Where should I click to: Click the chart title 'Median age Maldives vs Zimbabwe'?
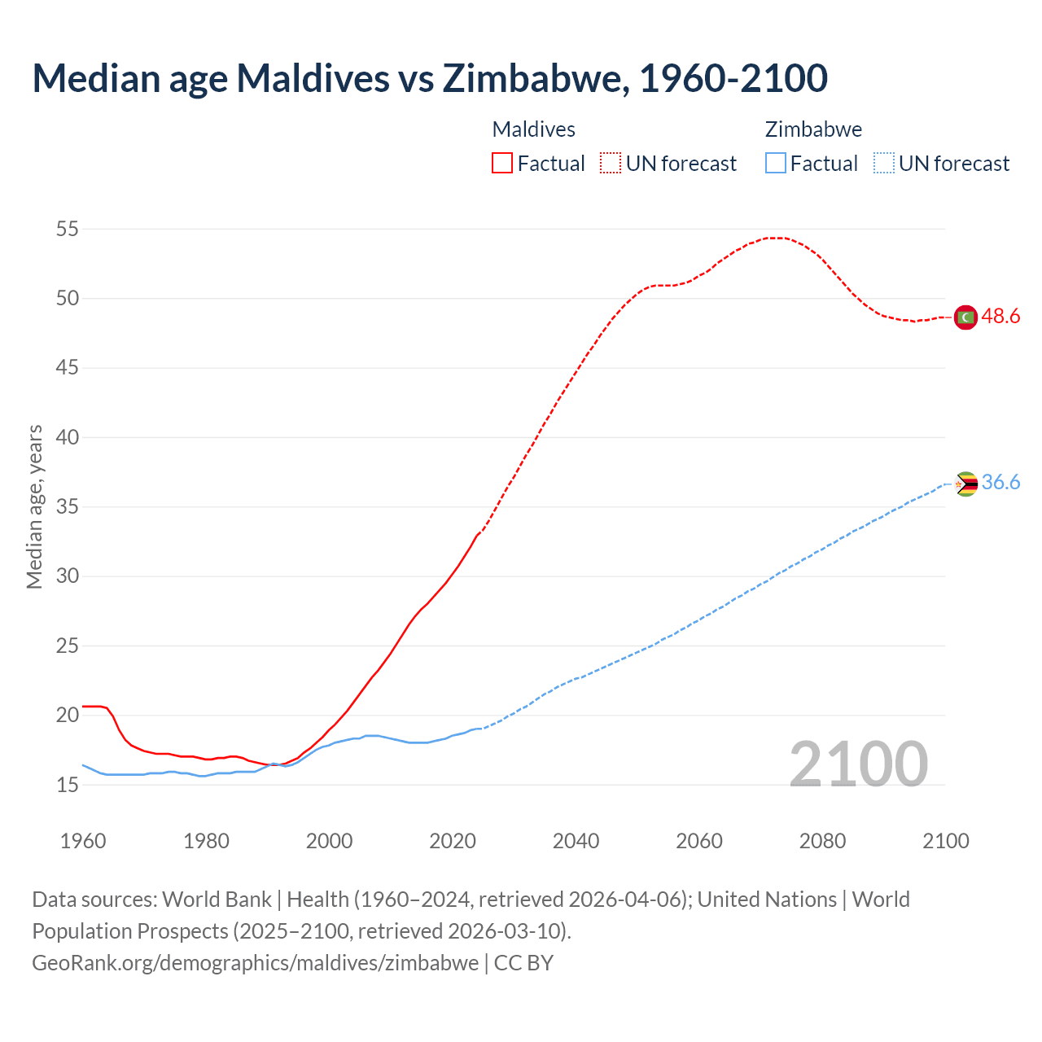pos(430,78)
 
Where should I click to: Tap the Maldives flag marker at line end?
pos(965,317)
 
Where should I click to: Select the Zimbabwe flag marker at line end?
pos(965,484)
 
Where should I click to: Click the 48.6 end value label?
pos(1000,317)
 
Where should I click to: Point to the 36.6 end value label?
pos(1000,483)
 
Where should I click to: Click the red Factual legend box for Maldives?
pos(502,164)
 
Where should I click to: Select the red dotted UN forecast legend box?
pos(611,164)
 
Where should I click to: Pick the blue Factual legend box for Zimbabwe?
pos(776,164)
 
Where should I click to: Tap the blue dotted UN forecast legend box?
pos(884,164)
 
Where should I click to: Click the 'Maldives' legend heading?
pos(534,129)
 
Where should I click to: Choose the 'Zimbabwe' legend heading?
pos(813,129)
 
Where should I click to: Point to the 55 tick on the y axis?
pos(68,230)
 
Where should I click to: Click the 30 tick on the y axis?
pos(68,576)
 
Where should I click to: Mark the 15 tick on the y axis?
pos(68,785)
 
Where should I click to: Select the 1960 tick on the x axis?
pos(83,841)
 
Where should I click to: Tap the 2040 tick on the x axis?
pos(576,841)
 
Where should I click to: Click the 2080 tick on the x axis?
pos(822,841)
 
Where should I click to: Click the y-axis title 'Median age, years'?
pos(34,506)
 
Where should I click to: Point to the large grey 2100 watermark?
pos(858,764)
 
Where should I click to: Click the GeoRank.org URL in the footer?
pos(255,963)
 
